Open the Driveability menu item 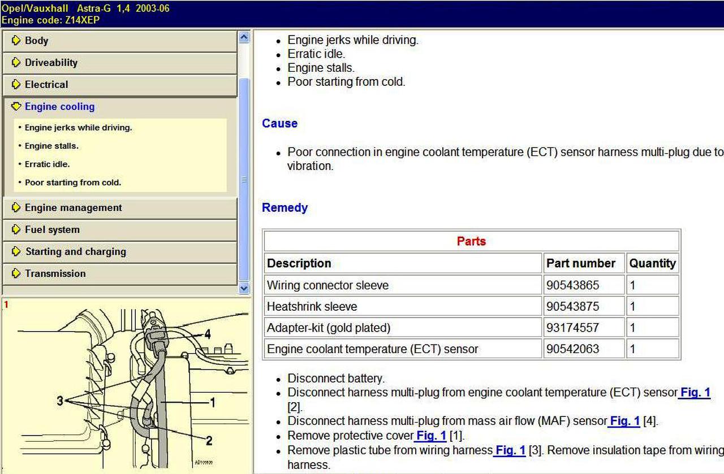[51, 63]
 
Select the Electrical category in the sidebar [46, 85]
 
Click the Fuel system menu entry [52, 230]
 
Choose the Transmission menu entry [55, 273]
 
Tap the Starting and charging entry [75, 252]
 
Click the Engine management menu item [73, 208]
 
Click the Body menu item [36, 41]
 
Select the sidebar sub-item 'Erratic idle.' [47, 164]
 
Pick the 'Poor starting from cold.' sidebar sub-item [73, 182]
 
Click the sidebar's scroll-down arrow [244, 288]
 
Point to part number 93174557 [572, 328]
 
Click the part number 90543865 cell [572, 285]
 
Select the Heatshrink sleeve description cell [312, 307]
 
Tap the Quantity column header [652, 263]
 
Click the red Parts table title [471, 241]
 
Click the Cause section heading [279, 123]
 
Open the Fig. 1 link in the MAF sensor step [624, 421]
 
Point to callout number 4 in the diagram [208, 334]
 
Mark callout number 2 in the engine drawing [209, 441]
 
